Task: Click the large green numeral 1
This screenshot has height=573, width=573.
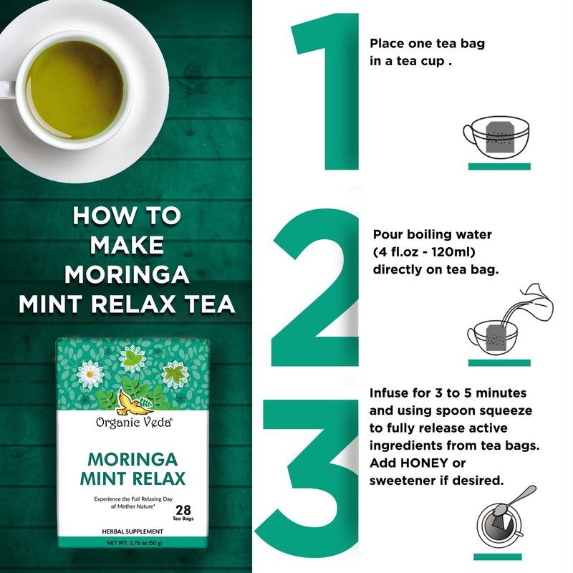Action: pyautogui.click(x=340, y=92)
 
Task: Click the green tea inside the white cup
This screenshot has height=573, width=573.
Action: pyautogui.click(x=75, y=90)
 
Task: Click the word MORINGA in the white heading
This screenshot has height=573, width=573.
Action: pyautogui.click(x=127, y=274)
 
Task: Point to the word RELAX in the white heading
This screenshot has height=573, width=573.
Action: pyautogui.click(x=133, y=304)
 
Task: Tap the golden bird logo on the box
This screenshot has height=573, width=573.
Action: pyautogui.click(x=131, y=402)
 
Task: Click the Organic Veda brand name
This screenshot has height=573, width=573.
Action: pyautogui.click(x=134, y=423)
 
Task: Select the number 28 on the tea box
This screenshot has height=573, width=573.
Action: pyautogui.click(x=183, y=509)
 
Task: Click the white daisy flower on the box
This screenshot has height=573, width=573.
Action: pyautogui.click(x=90, y=374)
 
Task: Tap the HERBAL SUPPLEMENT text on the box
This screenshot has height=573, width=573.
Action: pyautogui.click(x=133, y=531)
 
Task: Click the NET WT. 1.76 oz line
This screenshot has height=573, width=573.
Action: pyautogui.click(x=134, y=543)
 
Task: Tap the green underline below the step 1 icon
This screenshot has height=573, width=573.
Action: pyautogui.click(x=499, y=166)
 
